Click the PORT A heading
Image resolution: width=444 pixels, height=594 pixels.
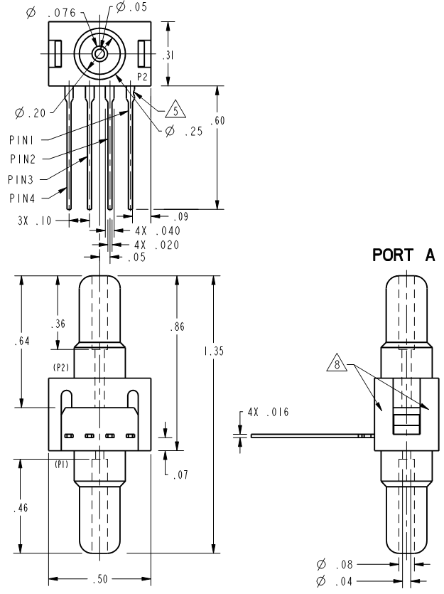click(404, 255)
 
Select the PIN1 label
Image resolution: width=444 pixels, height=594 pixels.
click(21, 140)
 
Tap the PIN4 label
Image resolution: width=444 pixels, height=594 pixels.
click(22, 198)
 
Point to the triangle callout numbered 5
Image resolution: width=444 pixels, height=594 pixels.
click(175, 110)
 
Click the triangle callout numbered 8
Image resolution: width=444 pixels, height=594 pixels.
click(337, 363)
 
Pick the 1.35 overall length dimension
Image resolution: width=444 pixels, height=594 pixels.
click(214, 351)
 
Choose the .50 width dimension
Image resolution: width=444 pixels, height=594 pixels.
click(100, 579)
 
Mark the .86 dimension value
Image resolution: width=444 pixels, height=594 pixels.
click(178, 327)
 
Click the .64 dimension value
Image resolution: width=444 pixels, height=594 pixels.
click(22, 341)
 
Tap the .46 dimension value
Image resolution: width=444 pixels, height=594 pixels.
click(21, 508)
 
